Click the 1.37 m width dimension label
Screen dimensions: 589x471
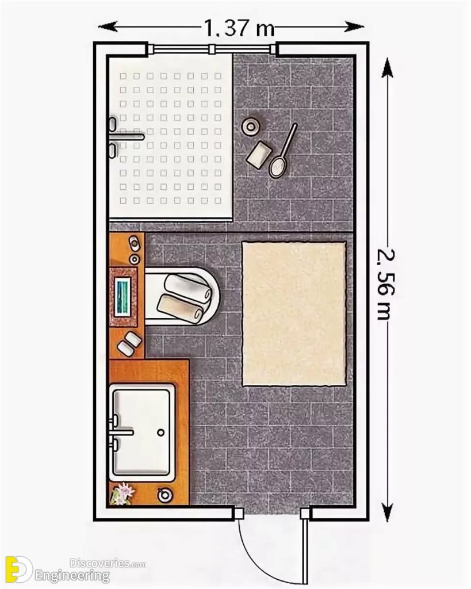coord(236,27)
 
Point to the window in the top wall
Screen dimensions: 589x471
coord(212,49)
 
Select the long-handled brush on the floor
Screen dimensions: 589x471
coord(283,151)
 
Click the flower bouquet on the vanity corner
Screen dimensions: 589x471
coord(121,494)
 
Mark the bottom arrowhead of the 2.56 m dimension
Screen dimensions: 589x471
coord(388,512)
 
